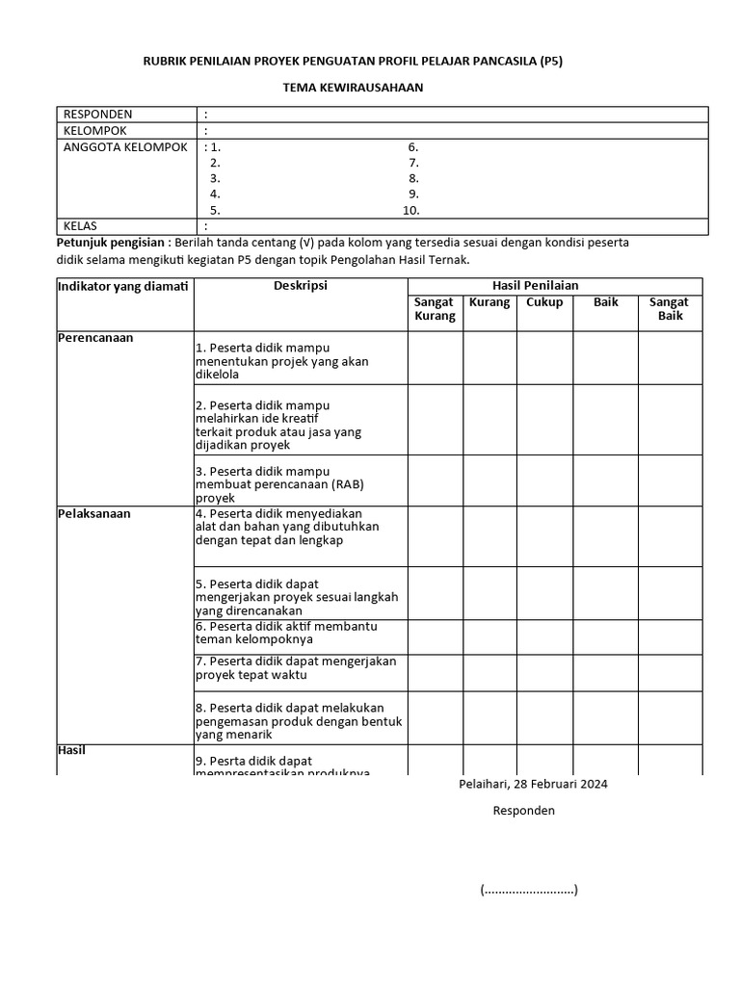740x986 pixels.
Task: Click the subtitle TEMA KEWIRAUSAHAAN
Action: pos(353,88)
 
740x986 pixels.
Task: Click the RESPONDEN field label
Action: pos(97,115)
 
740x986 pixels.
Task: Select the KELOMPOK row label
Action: pos(94,131)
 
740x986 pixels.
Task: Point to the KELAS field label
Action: pos(81,226)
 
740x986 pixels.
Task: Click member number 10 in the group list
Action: pos(410,210)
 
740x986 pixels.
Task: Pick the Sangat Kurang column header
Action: pos(435,309)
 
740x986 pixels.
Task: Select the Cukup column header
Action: pos(544,302)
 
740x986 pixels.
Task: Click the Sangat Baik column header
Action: pos(669,309)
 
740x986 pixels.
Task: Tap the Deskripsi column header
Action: pos(301,286)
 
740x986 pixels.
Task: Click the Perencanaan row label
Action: pos(95,338)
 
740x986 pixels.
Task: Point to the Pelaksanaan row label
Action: pos(94,513)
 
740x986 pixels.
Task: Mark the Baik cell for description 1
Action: pos(605,358)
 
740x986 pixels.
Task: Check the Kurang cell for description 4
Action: pos(489,536)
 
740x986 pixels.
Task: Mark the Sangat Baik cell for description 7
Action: pos(669,671)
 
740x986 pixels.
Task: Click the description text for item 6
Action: pos(286,633)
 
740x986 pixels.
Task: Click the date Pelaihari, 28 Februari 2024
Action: pos(533,784)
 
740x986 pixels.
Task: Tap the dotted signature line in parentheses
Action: pos(529,890)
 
